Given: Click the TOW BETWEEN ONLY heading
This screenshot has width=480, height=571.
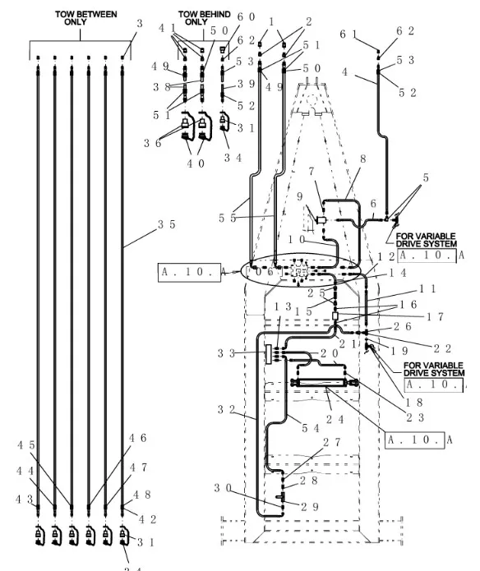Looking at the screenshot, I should [85, 18].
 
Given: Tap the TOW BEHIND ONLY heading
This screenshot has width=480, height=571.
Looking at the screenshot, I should [204, 18].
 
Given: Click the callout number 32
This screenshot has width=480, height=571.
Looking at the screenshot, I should [225, 408].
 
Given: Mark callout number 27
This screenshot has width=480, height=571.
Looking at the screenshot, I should [330, 441].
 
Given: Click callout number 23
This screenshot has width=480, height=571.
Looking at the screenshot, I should [415, 417].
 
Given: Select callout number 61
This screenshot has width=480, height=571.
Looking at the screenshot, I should [348, 33].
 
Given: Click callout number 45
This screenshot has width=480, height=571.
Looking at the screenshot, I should [25, 444].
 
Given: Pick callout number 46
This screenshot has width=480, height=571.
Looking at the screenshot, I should [136, 438].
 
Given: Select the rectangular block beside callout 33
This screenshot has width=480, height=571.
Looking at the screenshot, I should [268, 353].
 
